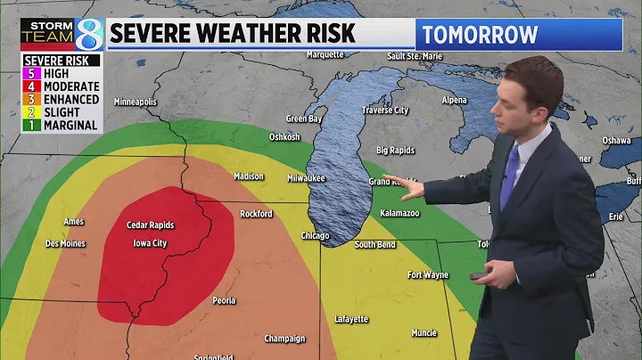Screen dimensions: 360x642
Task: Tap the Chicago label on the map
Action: pyautogui.click(x=315, y=235)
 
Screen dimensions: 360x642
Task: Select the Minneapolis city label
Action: pyautogui.click(x=136, y=102)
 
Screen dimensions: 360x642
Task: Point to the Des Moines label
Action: pyautogui.click(x=66, y=243)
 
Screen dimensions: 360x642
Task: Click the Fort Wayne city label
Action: pyautogui.click(x=428, y=274)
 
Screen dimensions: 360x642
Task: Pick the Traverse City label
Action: pyautogui.click(x=385, y=110)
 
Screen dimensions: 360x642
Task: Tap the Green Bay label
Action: pyautogui.click(x=303, y=119)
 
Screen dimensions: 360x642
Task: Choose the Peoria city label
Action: pyautogui.click(x=225, y=300)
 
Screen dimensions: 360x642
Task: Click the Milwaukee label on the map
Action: pyautogui.click(x=306, y=177)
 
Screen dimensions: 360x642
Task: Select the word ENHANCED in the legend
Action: pyautogui.click(x=70, y=100)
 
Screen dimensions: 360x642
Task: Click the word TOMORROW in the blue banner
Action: pyautogui.click(x=481, y=35)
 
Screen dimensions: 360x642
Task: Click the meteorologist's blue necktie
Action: pyautogui.click(x=509, y=177)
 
